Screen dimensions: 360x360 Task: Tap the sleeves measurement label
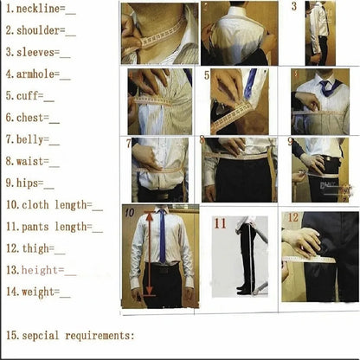40,52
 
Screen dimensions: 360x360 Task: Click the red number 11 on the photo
220,224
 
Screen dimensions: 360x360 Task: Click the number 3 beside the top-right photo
294,7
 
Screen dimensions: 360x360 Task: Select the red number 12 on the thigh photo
293,217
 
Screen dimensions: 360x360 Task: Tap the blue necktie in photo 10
163,238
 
